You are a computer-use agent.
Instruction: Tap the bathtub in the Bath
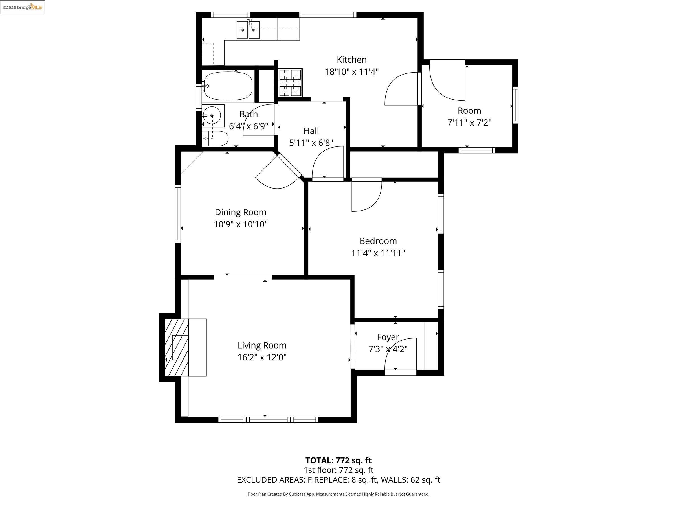[x=228, y=86]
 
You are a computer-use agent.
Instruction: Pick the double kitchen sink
[x=248, y=30]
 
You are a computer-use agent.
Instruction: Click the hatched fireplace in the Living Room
[x=177, y=347]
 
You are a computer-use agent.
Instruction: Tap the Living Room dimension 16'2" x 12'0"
[x=262, y=357]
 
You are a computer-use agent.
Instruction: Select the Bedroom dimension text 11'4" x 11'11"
[x=378, y=253]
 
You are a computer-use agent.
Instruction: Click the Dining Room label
[x=241, y=212]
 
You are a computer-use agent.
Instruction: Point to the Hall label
[x=311, y=131]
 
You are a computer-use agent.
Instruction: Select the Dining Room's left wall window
[x=178, y=214]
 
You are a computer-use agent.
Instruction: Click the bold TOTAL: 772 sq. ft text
[x=338, y=460]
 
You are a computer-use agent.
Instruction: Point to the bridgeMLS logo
[x=22, y=7]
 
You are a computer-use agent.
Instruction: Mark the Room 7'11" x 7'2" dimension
[x=469, y=122]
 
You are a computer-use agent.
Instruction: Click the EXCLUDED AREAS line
[x=338, y=479]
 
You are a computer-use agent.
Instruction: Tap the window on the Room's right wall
[x=515, y=105]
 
